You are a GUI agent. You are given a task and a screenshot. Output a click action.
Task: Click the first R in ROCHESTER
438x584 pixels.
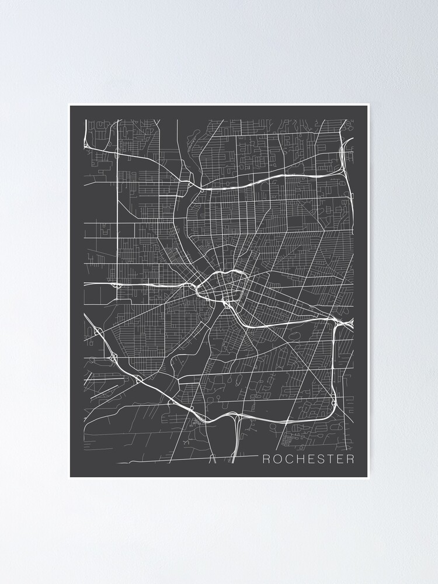point(266,459)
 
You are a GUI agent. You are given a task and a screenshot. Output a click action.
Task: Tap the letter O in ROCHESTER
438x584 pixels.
point(277,459)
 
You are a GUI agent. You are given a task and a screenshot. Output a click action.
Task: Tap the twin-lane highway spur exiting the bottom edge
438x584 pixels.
point(235,444)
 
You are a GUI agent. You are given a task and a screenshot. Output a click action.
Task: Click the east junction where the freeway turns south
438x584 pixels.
point(335,321)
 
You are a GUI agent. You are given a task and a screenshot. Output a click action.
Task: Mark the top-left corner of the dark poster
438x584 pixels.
point(69,105)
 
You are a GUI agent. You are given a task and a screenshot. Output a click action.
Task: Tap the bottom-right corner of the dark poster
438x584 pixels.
point(369,478)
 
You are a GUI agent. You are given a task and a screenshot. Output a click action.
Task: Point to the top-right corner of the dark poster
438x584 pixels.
point(369,105)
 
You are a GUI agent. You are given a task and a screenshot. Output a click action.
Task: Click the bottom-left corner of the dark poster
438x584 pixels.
point(69,478)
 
